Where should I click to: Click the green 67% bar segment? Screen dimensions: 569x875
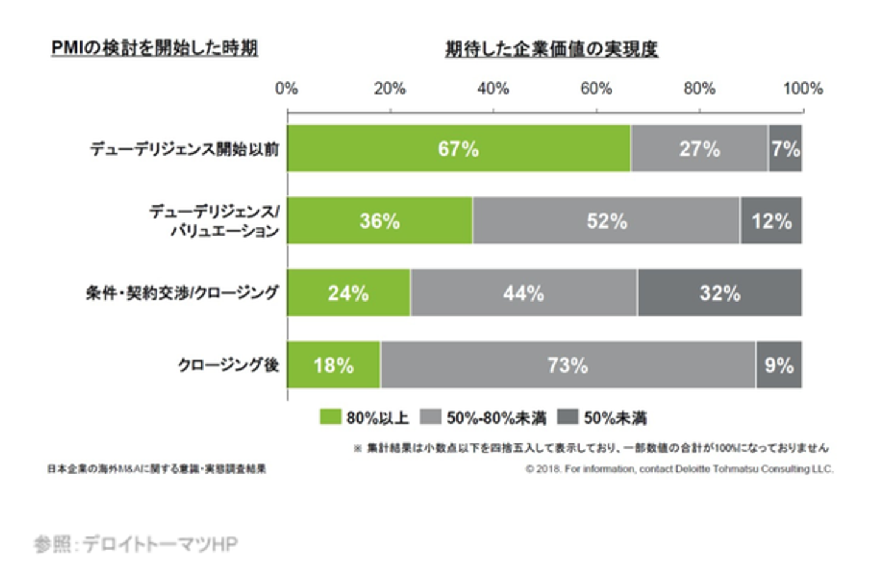click(x=459, y=148)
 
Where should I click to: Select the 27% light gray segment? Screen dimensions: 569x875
click(x=699, y=148)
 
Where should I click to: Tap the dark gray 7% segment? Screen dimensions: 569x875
click(x=785, y=148)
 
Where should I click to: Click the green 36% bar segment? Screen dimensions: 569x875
click(x=380, y=220)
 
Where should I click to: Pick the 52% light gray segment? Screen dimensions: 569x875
click(x=606, y=220)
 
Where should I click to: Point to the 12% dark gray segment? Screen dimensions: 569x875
click(x=771, y=220)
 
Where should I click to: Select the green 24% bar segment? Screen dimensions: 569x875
click(x=348, y=292)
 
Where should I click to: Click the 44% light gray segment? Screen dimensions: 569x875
click(x=524, y=292)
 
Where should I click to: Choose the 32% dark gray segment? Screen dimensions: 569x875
click(x=719, y=292)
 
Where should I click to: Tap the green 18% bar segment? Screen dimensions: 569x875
click(x=334, y=365)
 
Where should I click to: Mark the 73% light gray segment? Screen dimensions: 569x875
click(x=568, y=365)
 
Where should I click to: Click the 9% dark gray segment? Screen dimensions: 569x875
click(x=779, y=365)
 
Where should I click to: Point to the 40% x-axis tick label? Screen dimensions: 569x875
click(x=493, y=89)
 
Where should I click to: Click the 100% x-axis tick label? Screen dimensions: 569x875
click(x=802, y=89)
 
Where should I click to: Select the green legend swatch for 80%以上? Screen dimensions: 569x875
click(x=331, y=417)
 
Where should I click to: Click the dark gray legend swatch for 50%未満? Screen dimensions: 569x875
click(x=568, y=417)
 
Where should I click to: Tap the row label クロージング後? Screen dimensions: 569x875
click(x=228, y=365)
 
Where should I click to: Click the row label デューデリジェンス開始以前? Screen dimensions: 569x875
click(x=185, y=149)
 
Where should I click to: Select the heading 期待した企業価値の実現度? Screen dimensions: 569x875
click(x=551, y=49)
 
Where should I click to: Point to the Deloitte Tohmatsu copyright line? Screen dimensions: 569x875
click(x=679, y=469)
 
